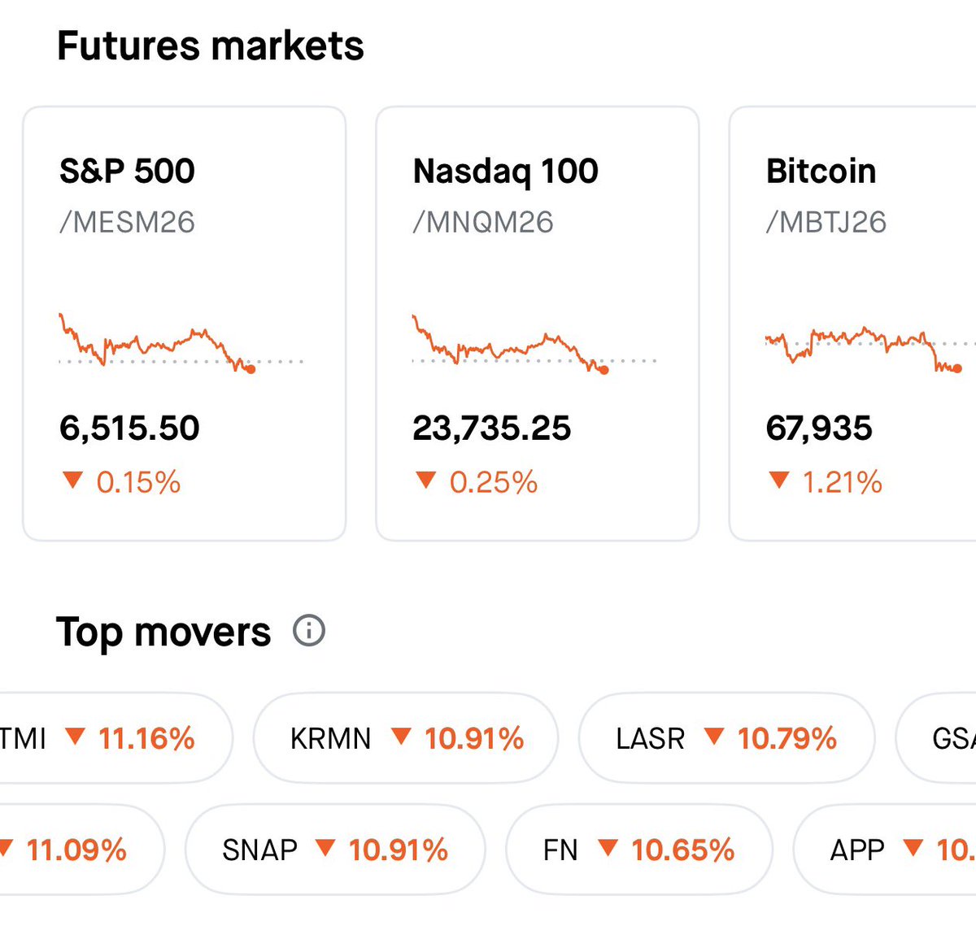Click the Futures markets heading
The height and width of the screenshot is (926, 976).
pyautogui.click(x=211, y=46)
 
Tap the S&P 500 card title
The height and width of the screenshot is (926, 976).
pyautogui.click(x=127, y=172)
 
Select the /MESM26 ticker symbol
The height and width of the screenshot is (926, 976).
pyautogui.click(x=127, y=222)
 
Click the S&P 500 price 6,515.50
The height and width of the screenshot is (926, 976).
pyautogui.click(x=129, y=428)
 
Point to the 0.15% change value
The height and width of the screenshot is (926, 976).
pyautogui.click(x=138, y=482)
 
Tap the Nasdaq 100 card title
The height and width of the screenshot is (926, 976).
pyautogui.click(x=505, y=172)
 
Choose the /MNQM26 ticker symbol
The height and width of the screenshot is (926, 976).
pyautogui.click(x=483, y=222)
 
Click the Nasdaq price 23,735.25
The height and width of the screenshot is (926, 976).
pyautogui.click(x=491, y=428)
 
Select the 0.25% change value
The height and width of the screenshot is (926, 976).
pyautogui.click(x=493, y=482)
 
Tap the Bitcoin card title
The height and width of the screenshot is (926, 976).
pyautogui.click(x=821, y=172)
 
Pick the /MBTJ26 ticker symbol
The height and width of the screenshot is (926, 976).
pyautogui.click(x=826, y=222)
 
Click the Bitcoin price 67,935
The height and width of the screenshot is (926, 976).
pyautogui.click(x=818, y=428)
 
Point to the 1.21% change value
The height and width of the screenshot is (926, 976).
pyautogui.click(x=842, y=482)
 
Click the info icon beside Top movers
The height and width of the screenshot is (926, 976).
pyautogui.click(x=309, y=630)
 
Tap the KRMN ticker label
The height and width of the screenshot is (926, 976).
pyautogui.click(x=330, y=738)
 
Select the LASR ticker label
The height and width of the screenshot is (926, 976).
pyautogui.click(x=650, y=738)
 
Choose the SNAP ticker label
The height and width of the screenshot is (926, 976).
pyautogui.click(x=259, y=850)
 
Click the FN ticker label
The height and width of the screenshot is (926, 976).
pyautogui.click(x=560, y=850)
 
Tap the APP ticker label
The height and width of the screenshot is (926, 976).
pyautogui.click(x=857, y=850)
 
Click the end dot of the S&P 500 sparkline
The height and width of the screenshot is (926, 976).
pyautogui.click(x=251, y=369)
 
